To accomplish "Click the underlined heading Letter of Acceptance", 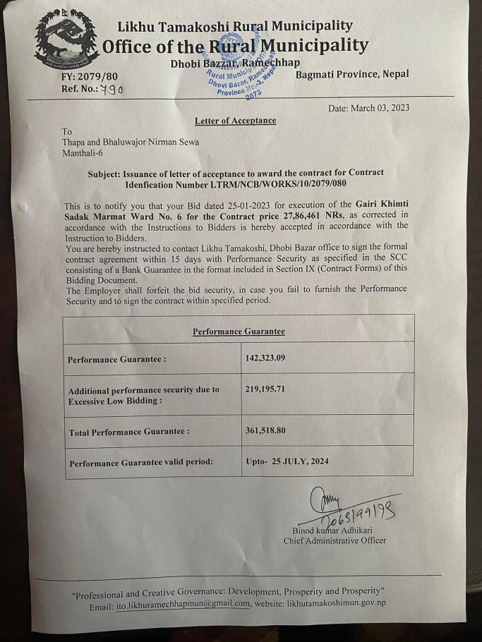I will point(235,121).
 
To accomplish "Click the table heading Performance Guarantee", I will point(239,331).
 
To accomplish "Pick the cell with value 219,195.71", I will point(265,389).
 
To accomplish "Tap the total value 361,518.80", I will point(265,430).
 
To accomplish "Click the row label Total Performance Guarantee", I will point(128,431).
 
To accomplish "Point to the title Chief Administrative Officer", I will point(335,541).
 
